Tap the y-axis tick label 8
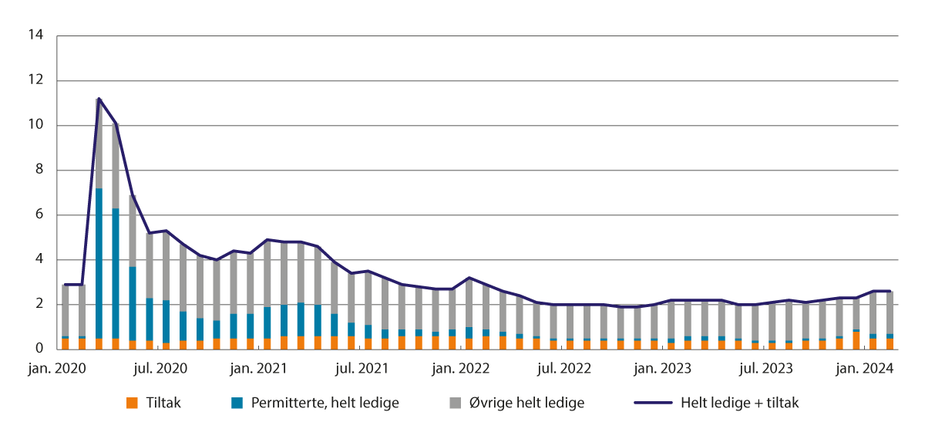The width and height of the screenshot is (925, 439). click(39, 170)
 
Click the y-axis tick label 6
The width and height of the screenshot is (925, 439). click(39, 214)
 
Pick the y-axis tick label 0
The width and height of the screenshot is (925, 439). click(39, 349)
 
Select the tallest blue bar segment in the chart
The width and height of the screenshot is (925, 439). click(99, 263)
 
